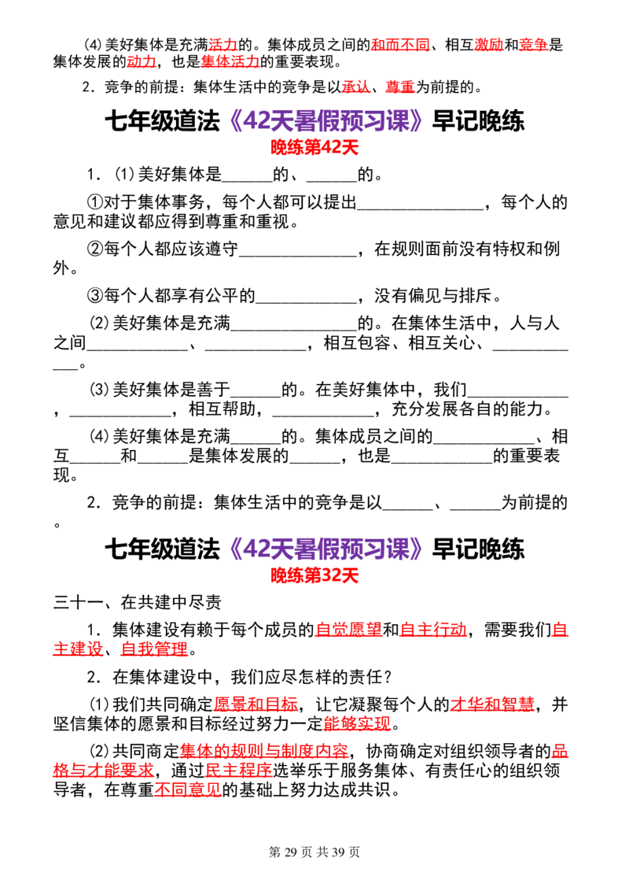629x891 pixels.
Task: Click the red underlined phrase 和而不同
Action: click(x=400, y=44)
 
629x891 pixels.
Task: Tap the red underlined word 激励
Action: click(x=489, y=44)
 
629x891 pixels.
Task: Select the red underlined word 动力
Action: click(x=142, y=61)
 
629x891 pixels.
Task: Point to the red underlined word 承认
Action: click(x=356, y=87)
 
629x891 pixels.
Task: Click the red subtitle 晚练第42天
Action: click(x=314, y=148)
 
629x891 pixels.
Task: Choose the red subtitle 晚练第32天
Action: click(x=314, y=575)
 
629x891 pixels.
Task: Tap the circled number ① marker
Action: click(x=95, y=202)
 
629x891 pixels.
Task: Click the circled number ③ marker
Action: click(x=95, y=295)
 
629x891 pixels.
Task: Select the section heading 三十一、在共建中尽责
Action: click(x=138, y=602)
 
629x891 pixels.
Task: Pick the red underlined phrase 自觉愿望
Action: click(x=348, y=630)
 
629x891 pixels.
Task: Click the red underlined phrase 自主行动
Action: click(x=433, y=630)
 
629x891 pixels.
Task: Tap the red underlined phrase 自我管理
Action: click(x=154, y=649)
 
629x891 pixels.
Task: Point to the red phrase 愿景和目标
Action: click(x=256, y=704)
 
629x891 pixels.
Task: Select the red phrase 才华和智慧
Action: click(x=492, y=704)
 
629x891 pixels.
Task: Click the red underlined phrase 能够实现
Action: click(x=357, y=723)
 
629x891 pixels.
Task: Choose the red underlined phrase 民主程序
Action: click(x=238, y=771)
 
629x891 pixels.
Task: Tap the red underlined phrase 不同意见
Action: click(x=188, y=789)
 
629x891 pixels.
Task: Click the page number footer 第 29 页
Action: click(x=290, y=852)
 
